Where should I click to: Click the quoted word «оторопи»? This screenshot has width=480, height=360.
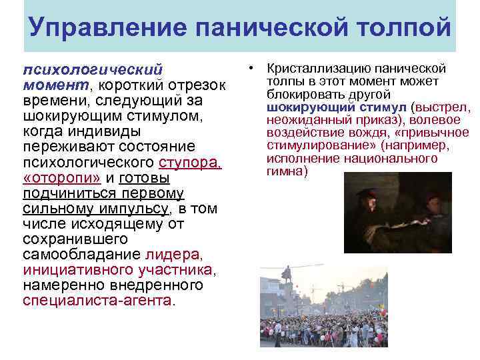[63, 179]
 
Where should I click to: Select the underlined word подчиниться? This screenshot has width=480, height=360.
[72, 193]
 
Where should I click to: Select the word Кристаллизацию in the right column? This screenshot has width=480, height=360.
[311, 69]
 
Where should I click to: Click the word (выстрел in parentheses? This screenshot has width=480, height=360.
[441, 107]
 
